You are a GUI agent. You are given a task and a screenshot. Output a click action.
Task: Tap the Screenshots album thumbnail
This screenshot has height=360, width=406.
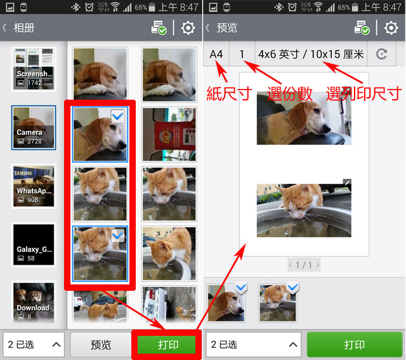coord(34,69)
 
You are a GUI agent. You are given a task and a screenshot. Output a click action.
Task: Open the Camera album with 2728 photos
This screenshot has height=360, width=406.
coord(34,127)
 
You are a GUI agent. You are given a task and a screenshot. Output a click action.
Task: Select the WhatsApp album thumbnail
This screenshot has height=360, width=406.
coord(34,186)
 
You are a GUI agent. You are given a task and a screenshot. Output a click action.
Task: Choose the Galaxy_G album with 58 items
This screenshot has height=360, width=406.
coord(34,244)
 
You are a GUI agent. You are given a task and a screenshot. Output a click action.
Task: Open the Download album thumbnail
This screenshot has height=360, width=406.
coord(34,302)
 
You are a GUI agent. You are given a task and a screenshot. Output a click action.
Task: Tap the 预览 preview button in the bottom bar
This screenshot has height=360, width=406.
coord(101,345)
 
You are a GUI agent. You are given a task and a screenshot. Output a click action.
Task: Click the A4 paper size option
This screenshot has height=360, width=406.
coord(216,54)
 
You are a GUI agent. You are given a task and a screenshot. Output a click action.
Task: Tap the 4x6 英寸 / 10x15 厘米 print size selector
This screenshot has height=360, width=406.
coord(311,54)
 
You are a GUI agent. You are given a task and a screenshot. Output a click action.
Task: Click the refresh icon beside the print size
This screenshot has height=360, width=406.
coord(381,54)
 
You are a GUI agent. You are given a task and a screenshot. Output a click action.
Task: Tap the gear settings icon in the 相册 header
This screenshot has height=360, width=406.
coord(188,28)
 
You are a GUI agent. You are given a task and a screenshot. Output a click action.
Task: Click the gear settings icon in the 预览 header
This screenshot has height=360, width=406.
coord(391,28)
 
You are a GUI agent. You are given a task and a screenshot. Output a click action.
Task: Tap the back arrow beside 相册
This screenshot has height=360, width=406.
coord(4,28)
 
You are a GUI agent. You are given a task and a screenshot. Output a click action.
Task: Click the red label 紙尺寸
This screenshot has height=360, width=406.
coord(229,93)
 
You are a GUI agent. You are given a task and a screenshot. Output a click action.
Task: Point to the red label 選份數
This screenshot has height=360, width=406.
coord(290,93)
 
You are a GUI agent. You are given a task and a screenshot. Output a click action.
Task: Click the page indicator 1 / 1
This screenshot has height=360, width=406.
coord(304,265)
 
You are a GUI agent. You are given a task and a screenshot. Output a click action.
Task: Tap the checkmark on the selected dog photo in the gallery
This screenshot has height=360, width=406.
coord(118,116)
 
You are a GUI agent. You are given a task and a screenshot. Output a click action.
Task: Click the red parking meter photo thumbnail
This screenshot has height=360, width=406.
coord(169,134)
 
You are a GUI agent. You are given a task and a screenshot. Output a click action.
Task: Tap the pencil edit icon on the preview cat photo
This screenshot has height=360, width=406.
coord(347,182)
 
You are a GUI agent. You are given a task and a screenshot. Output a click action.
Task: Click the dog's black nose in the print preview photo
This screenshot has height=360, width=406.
coord(327,128)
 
